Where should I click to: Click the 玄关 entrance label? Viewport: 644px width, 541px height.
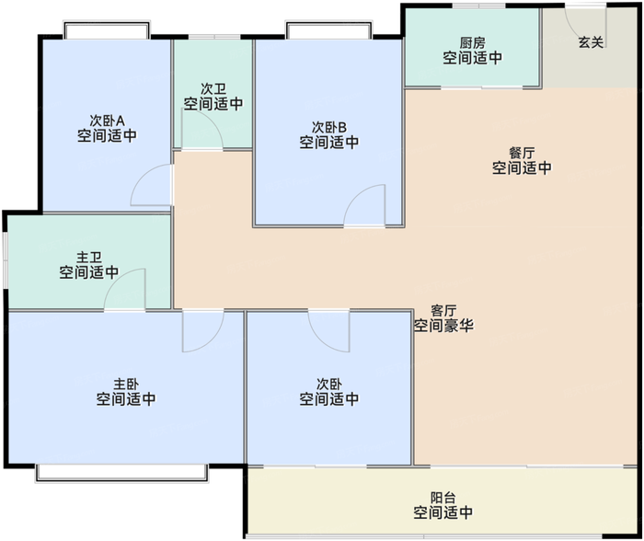(591, 42)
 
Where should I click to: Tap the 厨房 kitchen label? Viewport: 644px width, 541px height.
(472, 42)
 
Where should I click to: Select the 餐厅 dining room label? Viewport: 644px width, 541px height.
(521, 153)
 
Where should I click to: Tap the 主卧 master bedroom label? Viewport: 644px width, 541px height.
(125, 384)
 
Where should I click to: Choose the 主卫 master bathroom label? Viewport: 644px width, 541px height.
(88, 257)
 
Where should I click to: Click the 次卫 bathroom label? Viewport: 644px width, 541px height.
(213, 89)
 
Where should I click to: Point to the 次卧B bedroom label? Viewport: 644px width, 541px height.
(328, 127)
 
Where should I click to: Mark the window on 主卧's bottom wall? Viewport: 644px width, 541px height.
(121, 472)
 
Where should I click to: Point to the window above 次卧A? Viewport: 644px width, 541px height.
(107, 30)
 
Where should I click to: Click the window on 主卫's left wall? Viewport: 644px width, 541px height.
(5, 261)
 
